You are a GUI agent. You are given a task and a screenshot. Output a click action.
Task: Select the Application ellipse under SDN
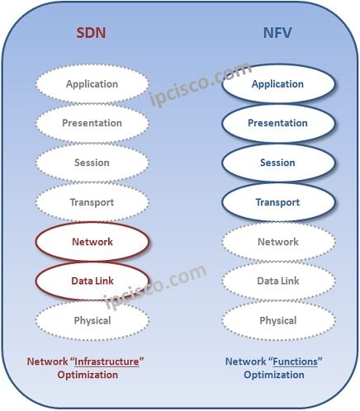coord(92,83)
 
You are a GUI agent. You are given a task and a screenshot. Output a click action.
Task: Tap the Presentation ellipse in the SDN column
coord(92,123)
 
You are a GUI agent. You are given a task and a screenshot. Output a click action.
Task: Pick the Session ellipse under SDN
coord(92,163)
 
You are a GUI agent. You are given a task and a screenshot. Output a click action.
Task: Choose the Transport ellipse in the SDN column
coord(92,202)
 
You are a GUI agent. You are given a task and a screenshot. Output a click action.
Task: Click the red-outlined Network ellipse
coord(92,242)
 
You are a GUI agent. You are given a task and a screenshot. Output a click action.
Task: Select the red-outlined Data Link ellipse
coord(92,281)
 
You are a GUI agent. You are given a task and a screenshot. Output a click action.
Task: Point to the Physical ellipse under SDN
coord(92,320)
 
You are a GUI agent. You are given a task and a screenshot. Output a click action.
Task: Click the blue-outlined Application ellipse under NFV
coord(278,83)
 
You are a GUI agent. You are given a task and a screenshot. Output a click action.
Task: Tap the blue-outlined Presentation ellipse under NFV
coord(278,123)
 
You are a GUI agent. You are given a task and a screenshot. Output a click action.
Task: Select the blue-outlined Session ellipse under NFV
coord(278,163)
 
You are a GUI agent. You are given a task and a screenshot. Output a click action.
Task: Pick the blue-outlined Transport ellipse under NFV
coord(278,202)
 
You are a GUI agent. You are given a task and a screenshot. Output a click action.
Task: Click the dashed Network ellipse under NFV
coord(278,242)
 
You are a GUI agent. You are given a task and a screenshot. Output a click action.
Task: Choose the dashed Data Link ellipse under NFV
coord(278,281)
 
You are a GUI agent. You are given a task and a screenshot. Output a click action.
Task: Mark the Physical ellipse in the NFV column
coord(278,320)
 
